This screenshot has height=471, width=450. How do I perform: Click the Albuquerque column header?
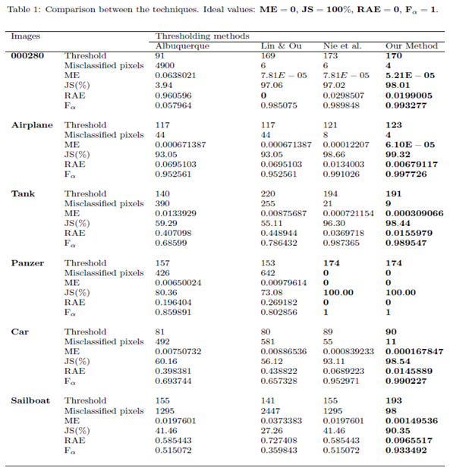pyautogui.click(x=181, y=46)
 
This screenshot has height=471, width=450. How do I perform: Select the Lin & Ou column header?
pyautogui.click(x=280, y=46)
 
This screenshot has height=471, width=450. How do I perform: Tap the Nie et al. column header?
pyautogui.click(x=338, y=46)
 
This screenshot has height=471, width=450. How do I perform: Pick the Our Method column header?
pyautogui.click(x=411, y=46)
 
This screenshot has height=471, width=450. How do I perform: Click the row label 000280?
pyautogui.click(x=29, y=55)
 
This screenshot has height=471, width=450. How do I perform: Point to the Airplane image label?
pyautogui.click(x=32, y=124)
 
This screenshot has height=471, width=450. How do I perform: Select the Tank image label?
pyautogui.click(x=23, y=193)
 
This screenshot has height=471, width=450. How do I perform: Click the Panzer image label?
pyautogui.click(x=27, y=262)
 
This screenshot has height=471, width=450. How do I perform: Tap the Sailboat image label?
pyautogui.click(x=31, y=400)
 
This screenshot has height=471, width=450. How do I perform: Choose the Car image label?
pyautogui.click(x=20, y=331)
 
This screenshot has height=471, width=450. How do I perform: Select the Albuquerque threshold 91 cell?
pyautogui.click(x=160, y=55)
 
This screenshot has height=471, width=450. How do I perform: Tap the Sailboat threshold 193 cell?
pyautogui.click(x=393, y=400)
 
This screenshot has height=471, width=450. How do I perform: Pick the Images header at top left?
pyautogui.click(x=26, y=36)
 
